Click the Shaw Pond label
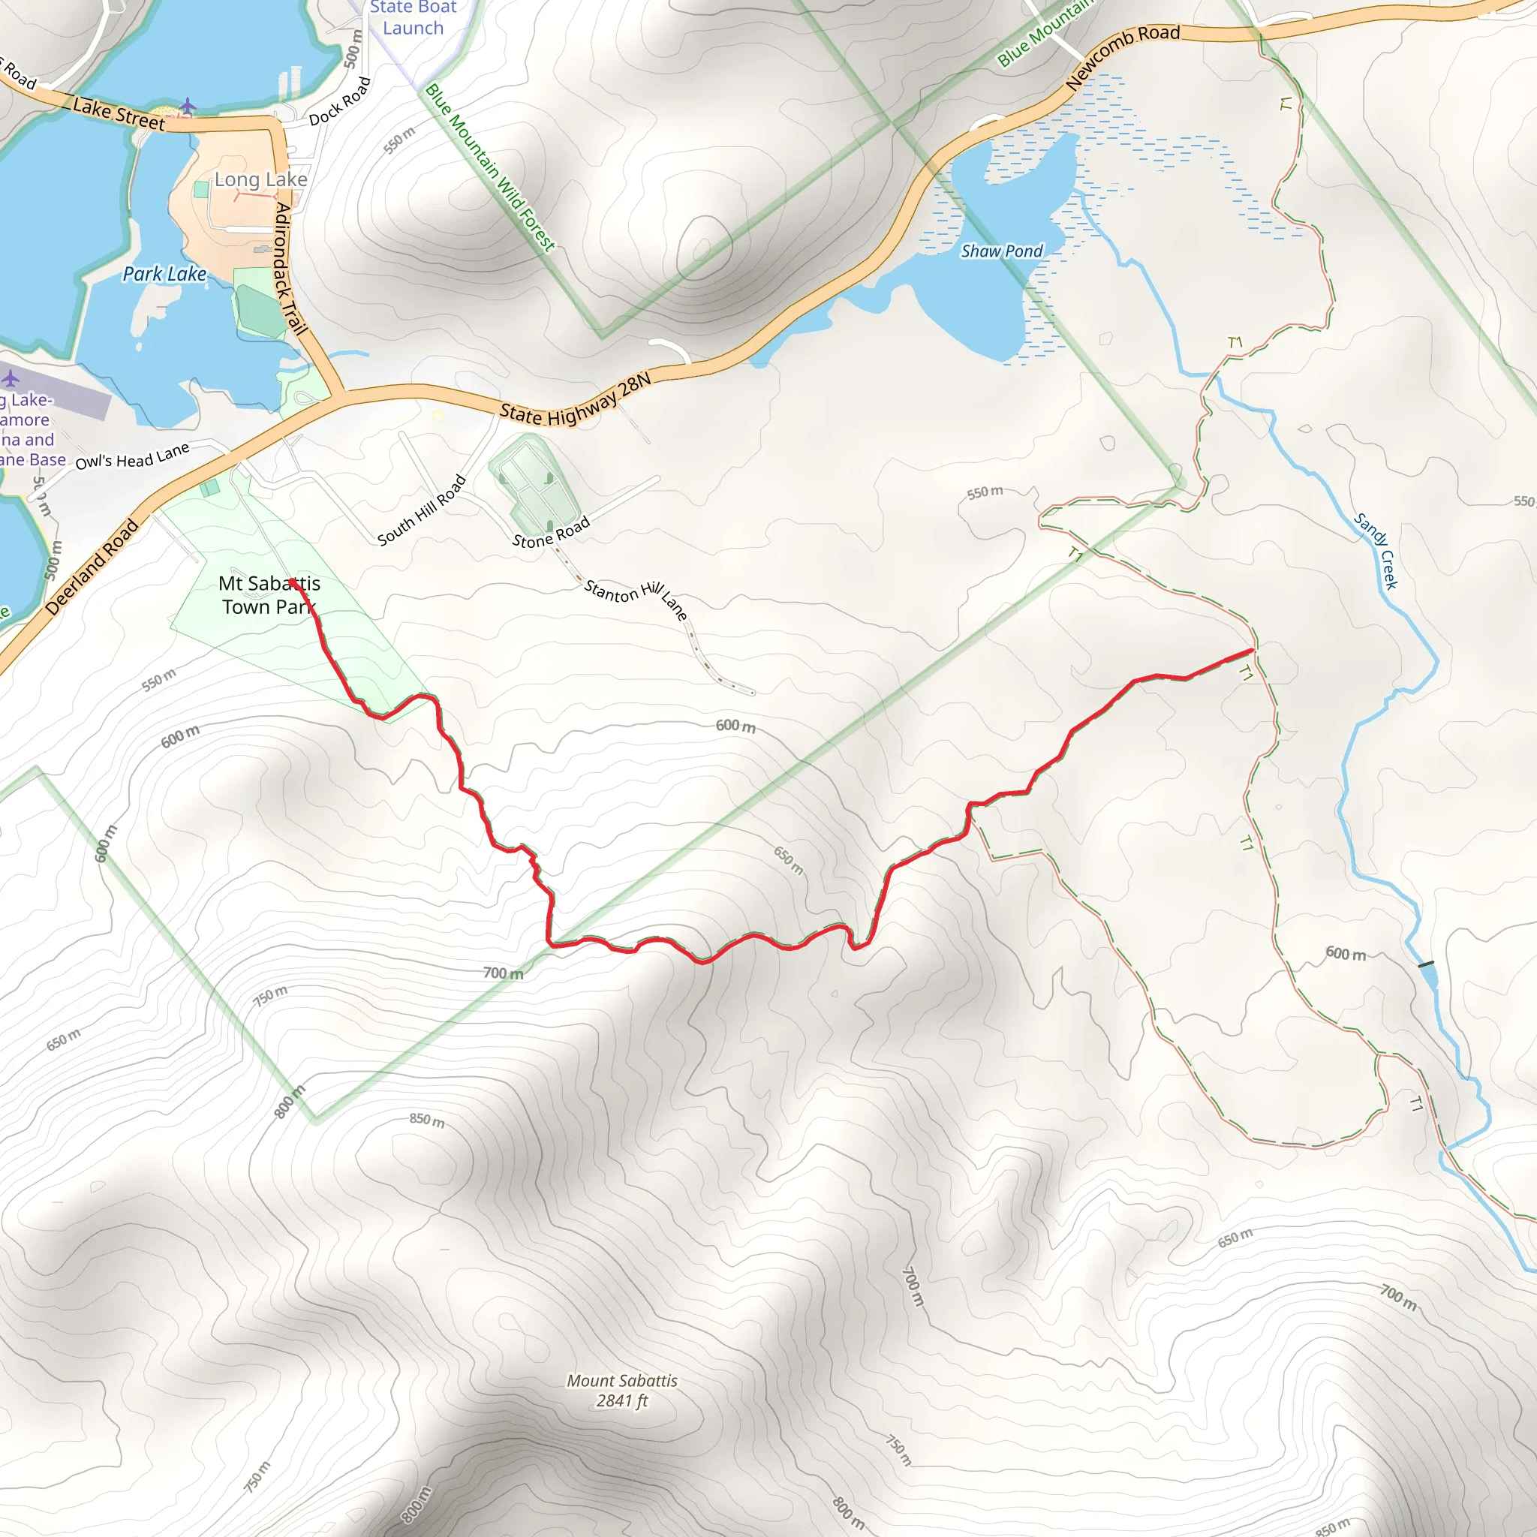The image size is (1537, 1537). click(x=1001, y=251)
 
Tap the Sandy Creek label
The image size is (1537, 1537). click(x=1376, y=551)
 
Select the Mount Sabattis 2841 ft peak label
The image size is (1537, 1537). click(x=621, y=1391)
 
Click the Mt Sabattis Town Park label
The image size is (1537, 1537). click(x=269, y=595)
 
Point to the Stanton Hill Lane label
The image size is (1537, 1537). click(x=635, y=599)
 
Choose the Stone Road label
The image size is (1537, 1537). click(x=551, y=532)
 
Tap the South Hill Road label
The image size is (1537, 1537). click(x=421, y=510)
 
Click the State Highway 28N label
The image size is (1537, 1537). click(x=575, y=400)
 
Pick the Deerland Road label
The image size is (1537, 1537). click(x=92, y=567)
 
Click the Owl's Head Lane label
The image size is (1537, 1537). click(x=132, y=456)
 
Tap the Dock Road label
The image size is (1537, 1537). click(x=340, y=102)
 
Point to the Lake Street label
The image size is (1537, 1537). click(x=119, y=113)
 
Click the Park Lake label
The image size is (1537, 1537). click(x=164, y=275)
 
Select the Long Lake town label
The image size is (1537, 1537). click(x=261, y=180)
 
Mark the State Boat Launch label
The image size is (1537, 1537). click(x=413, y=18)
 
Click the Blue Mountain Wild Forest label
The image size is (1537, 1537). click(x=490, y=169)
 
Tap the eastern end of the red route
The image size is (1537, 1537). click(x=1253, y=650)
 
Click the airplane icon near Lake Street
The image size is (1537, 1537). click(x=187, y=105)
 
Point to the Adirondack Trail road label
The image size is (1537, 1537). click(x=290, y=268)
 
